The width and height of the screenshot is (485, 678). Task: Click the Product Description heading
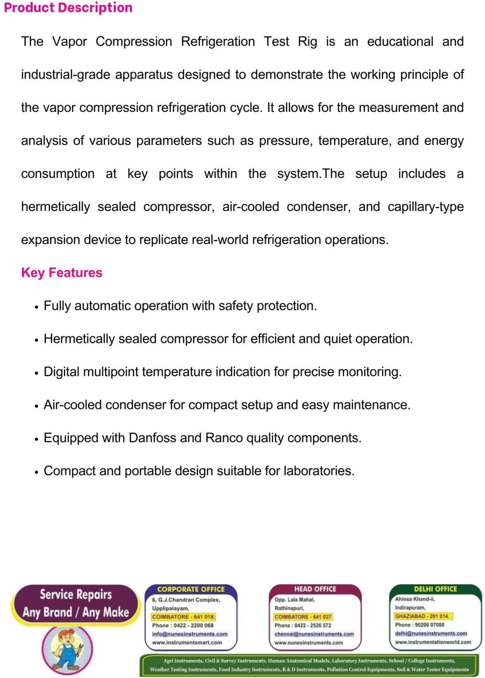pyautogui.click(x=68, y=8)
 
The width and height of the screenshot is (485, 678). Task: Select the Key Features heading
pyautogui.click(x=62, y=272)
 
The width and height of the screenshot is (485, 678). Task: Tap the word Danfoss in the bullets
pyautogui.click(x=152, y=438)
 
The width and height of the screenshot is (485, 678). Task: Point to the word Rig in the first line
pyautogui.click(x=307, y=42)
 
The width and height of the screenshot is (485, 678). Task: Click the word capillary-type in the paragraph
pyautogui.click(x=425, y=207)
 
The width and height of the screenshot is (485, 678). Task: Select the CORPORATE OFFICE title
pyautogui.click(x=191, y=589)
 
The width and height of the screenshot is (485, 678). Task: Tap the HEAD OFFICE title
pyautogui.click(x=315, y=589)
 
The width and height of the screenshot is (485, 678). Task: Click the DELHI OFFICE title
pyautogui.click(x=435, y=589)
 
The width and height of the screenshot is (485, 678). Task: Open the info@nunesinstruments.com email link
pyautogui.click(x=190, y=634)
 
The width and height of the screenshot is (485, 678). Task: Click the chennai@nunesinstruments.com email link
pyautogui.click(x=314, y=634)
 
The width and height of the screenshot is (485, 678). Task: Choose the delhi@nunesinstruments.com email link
pyautogui.click(x=431, y=634)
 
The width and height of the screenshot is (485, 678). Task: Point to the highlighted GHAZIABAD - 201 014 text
pyautogui.click(x=422, y=616)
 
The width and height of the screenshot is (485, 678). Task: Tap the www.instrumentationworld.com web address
pyautogui.click(x=433, y=642)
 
